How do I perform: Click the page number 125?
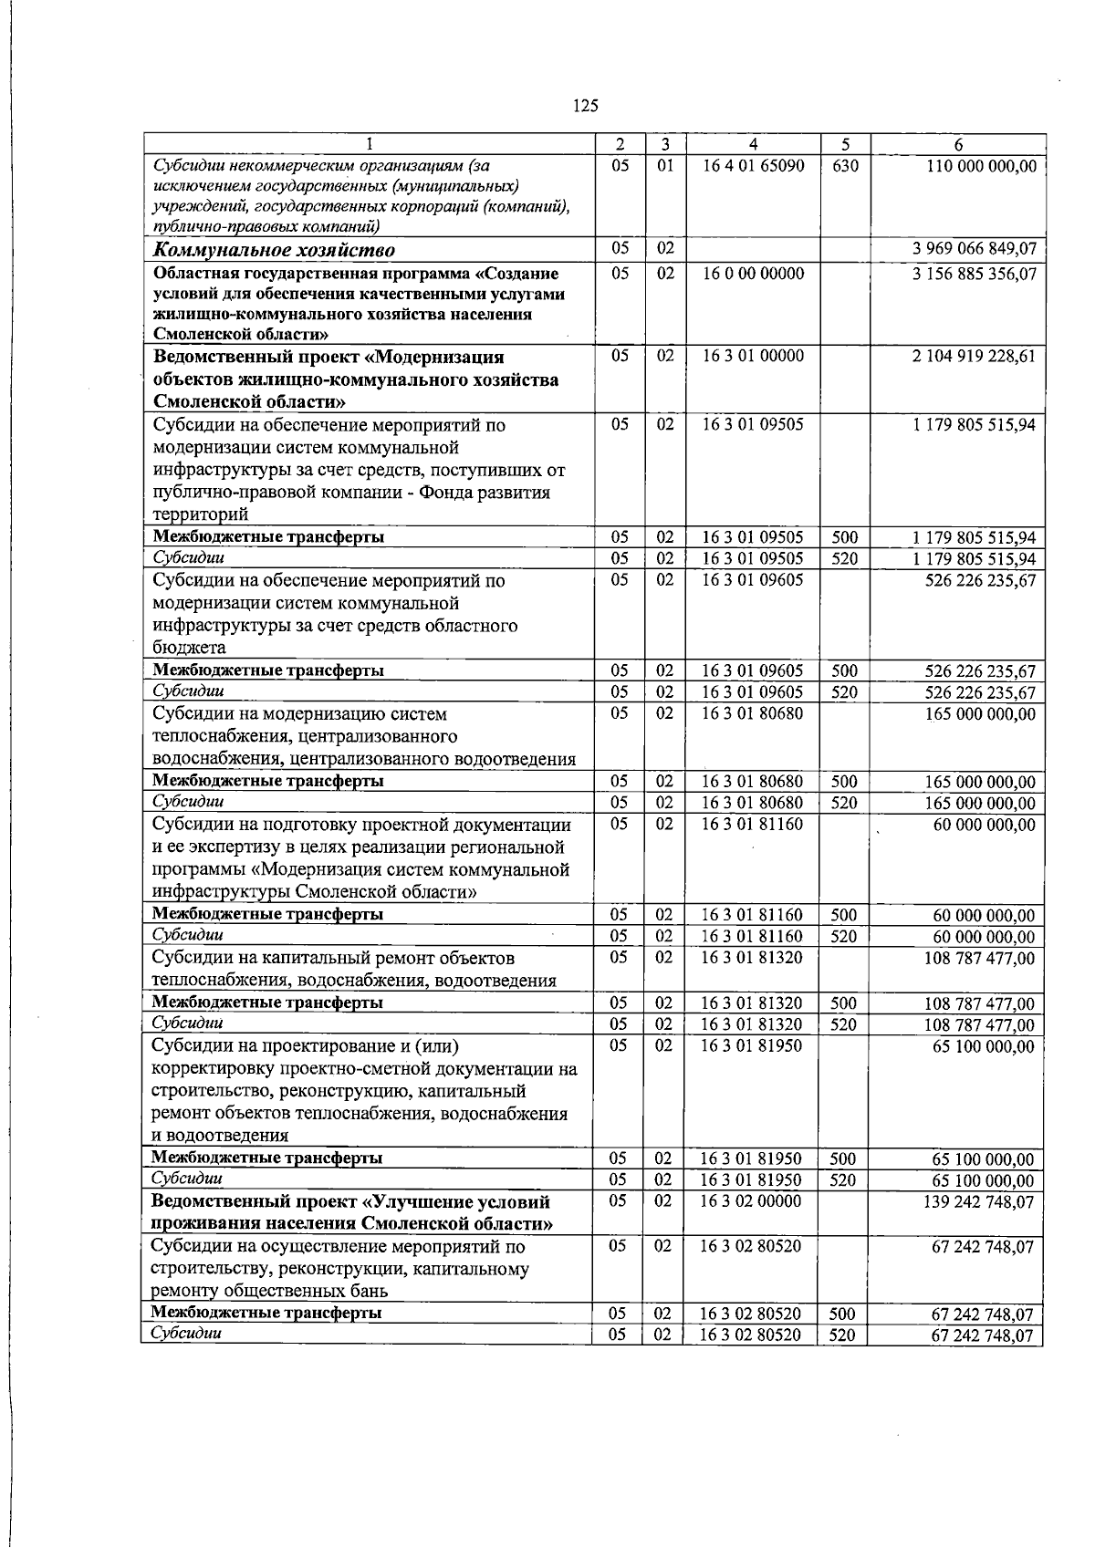585,106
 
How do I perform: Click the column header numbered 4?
753,144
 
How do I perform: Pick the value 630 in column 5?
845,166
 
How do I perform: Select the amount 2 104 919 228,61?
974,356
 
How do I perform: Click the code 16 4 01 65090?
753,166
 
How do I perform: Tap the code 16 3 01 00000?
753,356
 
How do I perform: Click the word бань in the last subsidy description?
370,1291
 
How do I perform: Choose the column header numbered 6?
957,144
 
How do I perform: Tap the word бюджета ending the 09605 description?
189,648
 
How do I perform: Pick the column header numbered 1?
369,144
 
